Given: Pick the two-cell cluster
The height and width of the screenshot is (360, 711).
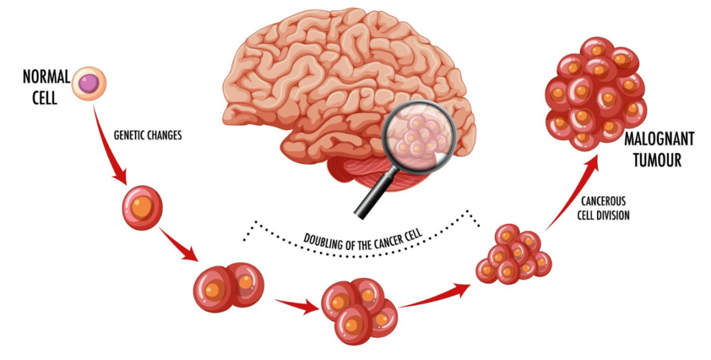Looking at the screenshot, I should (228, 287).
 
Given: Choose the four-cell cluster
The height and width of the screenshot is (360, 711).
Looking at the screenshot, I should (358, 310).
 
